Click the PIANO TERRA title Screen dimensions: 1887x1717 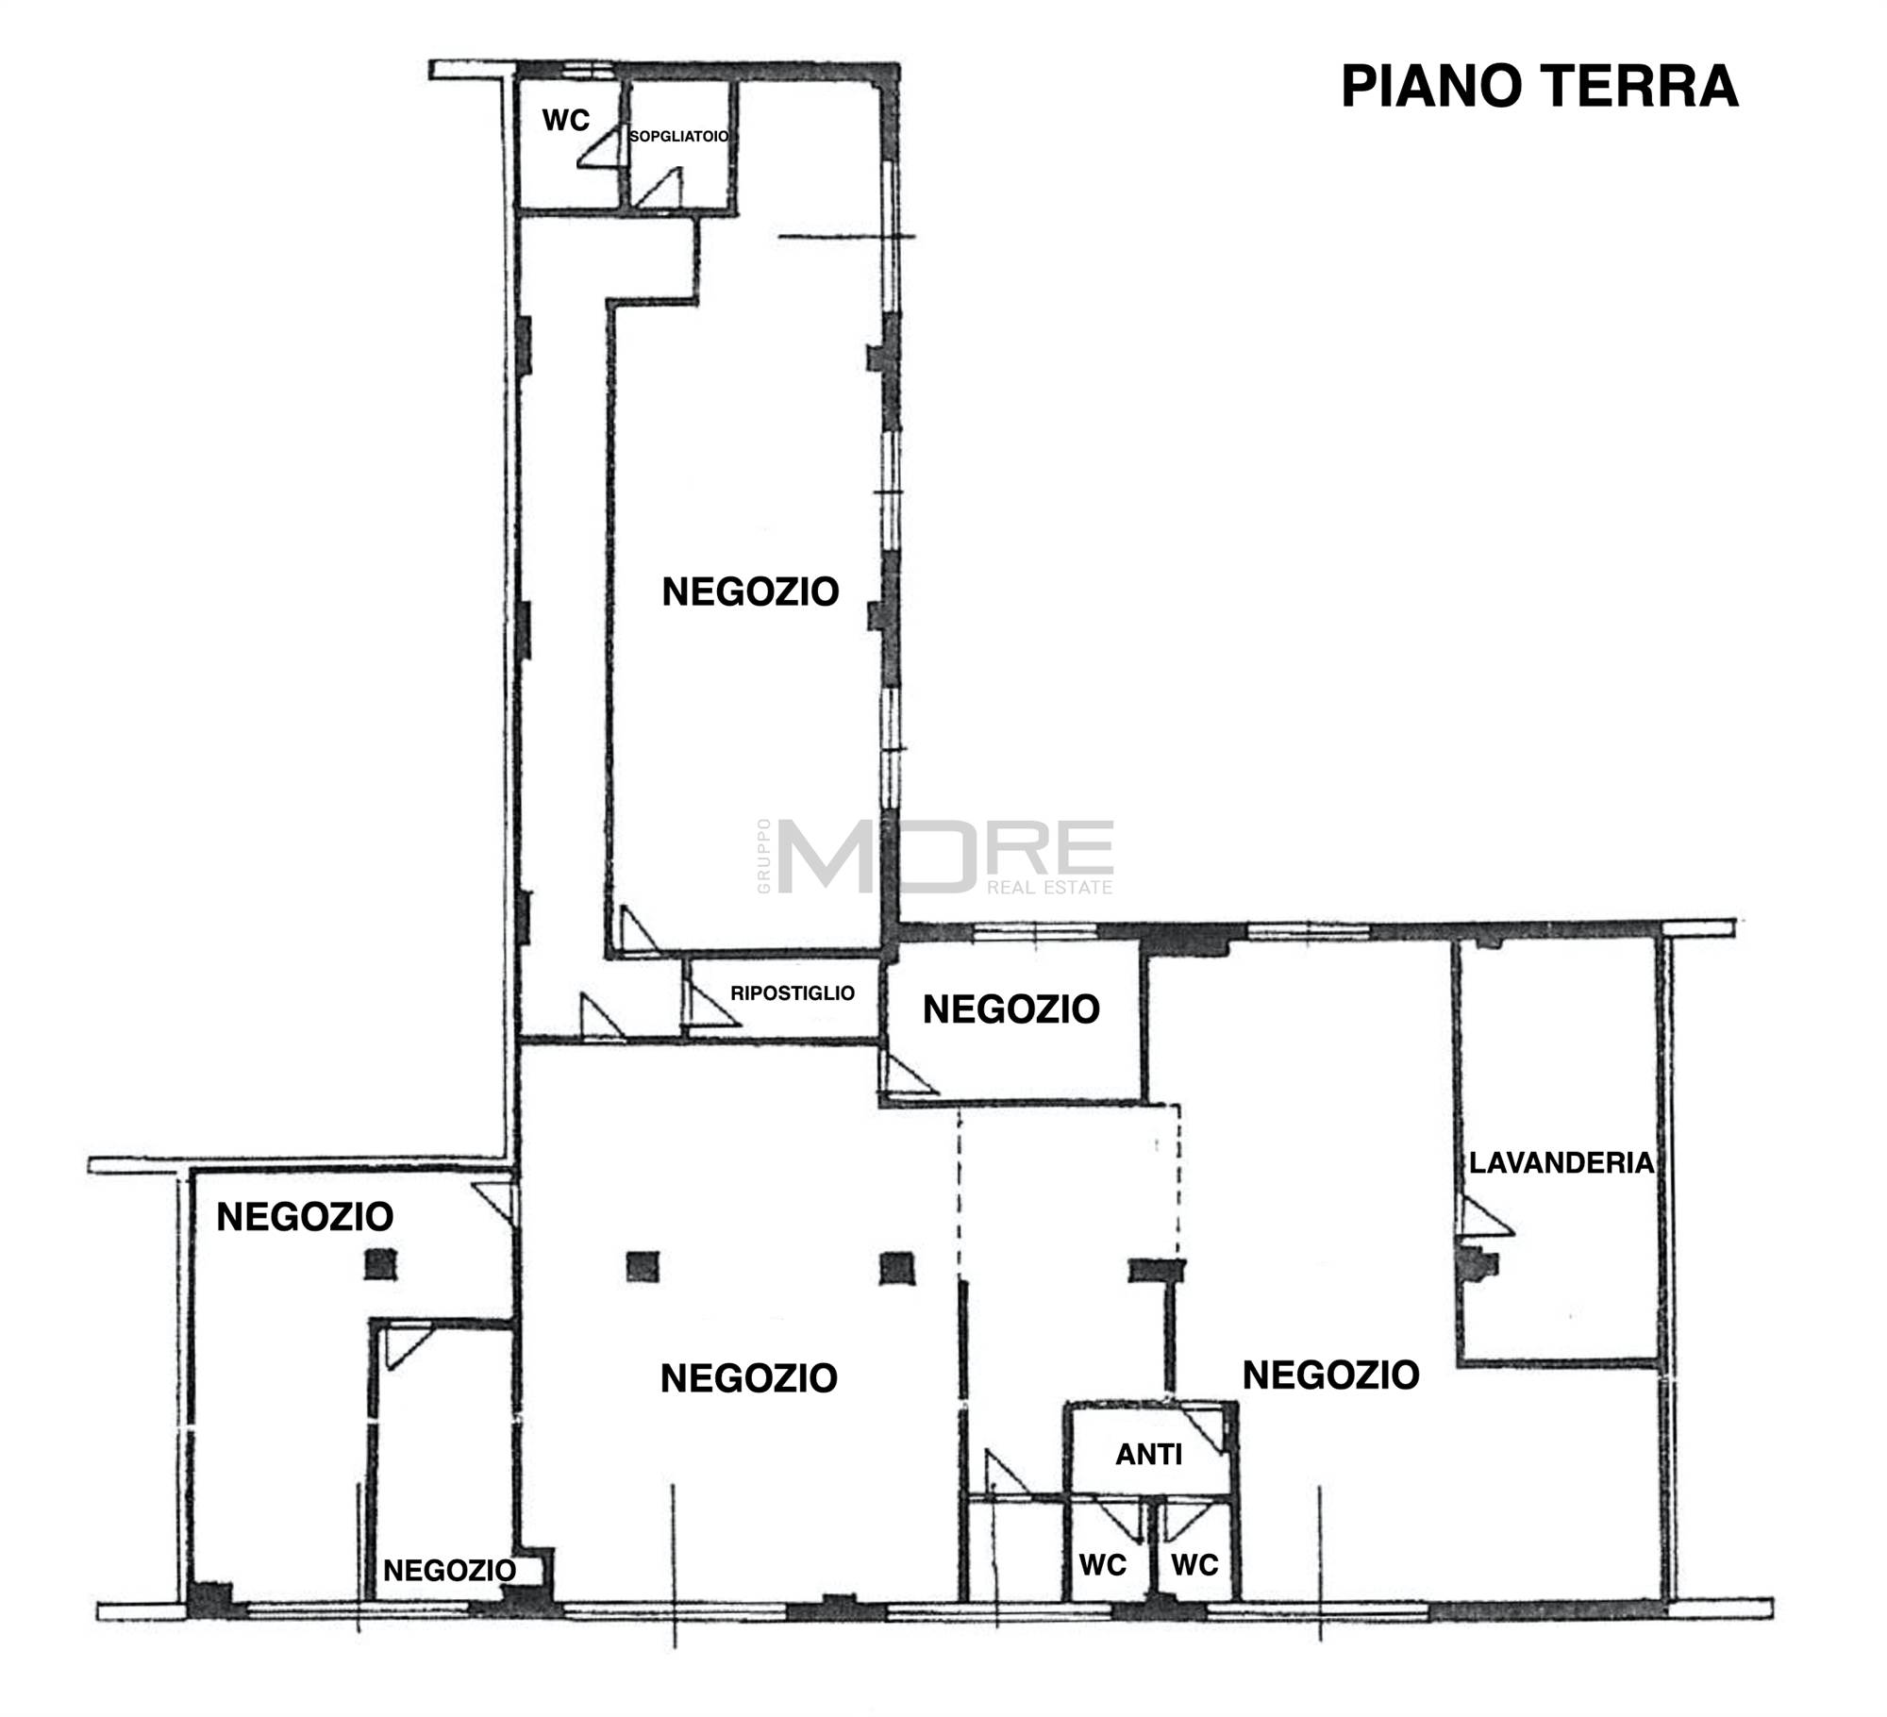point(1539,87)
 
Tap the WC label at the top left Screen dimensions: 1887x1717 point(565,120)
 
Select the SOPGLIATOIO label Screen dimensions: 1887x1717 point(679,136)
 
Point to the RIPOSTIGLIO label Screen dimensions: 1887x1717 point(793,992)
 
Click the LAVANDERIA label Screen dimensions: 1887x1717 point(1561,1162)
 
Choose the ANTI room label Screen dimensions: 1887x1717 point(1148,1455)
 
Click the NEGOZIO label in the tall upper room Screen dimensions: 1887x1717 point(750,592)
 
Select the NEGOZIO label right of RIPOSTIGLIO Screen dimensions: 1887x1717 point(1010,1009)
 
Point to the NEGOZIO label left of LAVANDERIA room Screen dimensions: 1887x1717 point(1330,1375)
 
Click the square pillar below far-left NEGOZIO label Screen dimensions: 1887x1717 point(381,1263)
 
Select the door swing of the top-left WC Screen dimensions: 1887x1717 point(599,148)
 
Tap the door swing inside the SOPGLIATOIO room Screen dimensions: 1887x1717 point(660,188)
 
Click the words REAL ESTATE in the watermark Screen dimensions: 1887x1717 point(1049,888)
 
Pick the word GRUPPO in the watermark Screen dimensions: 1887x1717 point(763,856)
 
